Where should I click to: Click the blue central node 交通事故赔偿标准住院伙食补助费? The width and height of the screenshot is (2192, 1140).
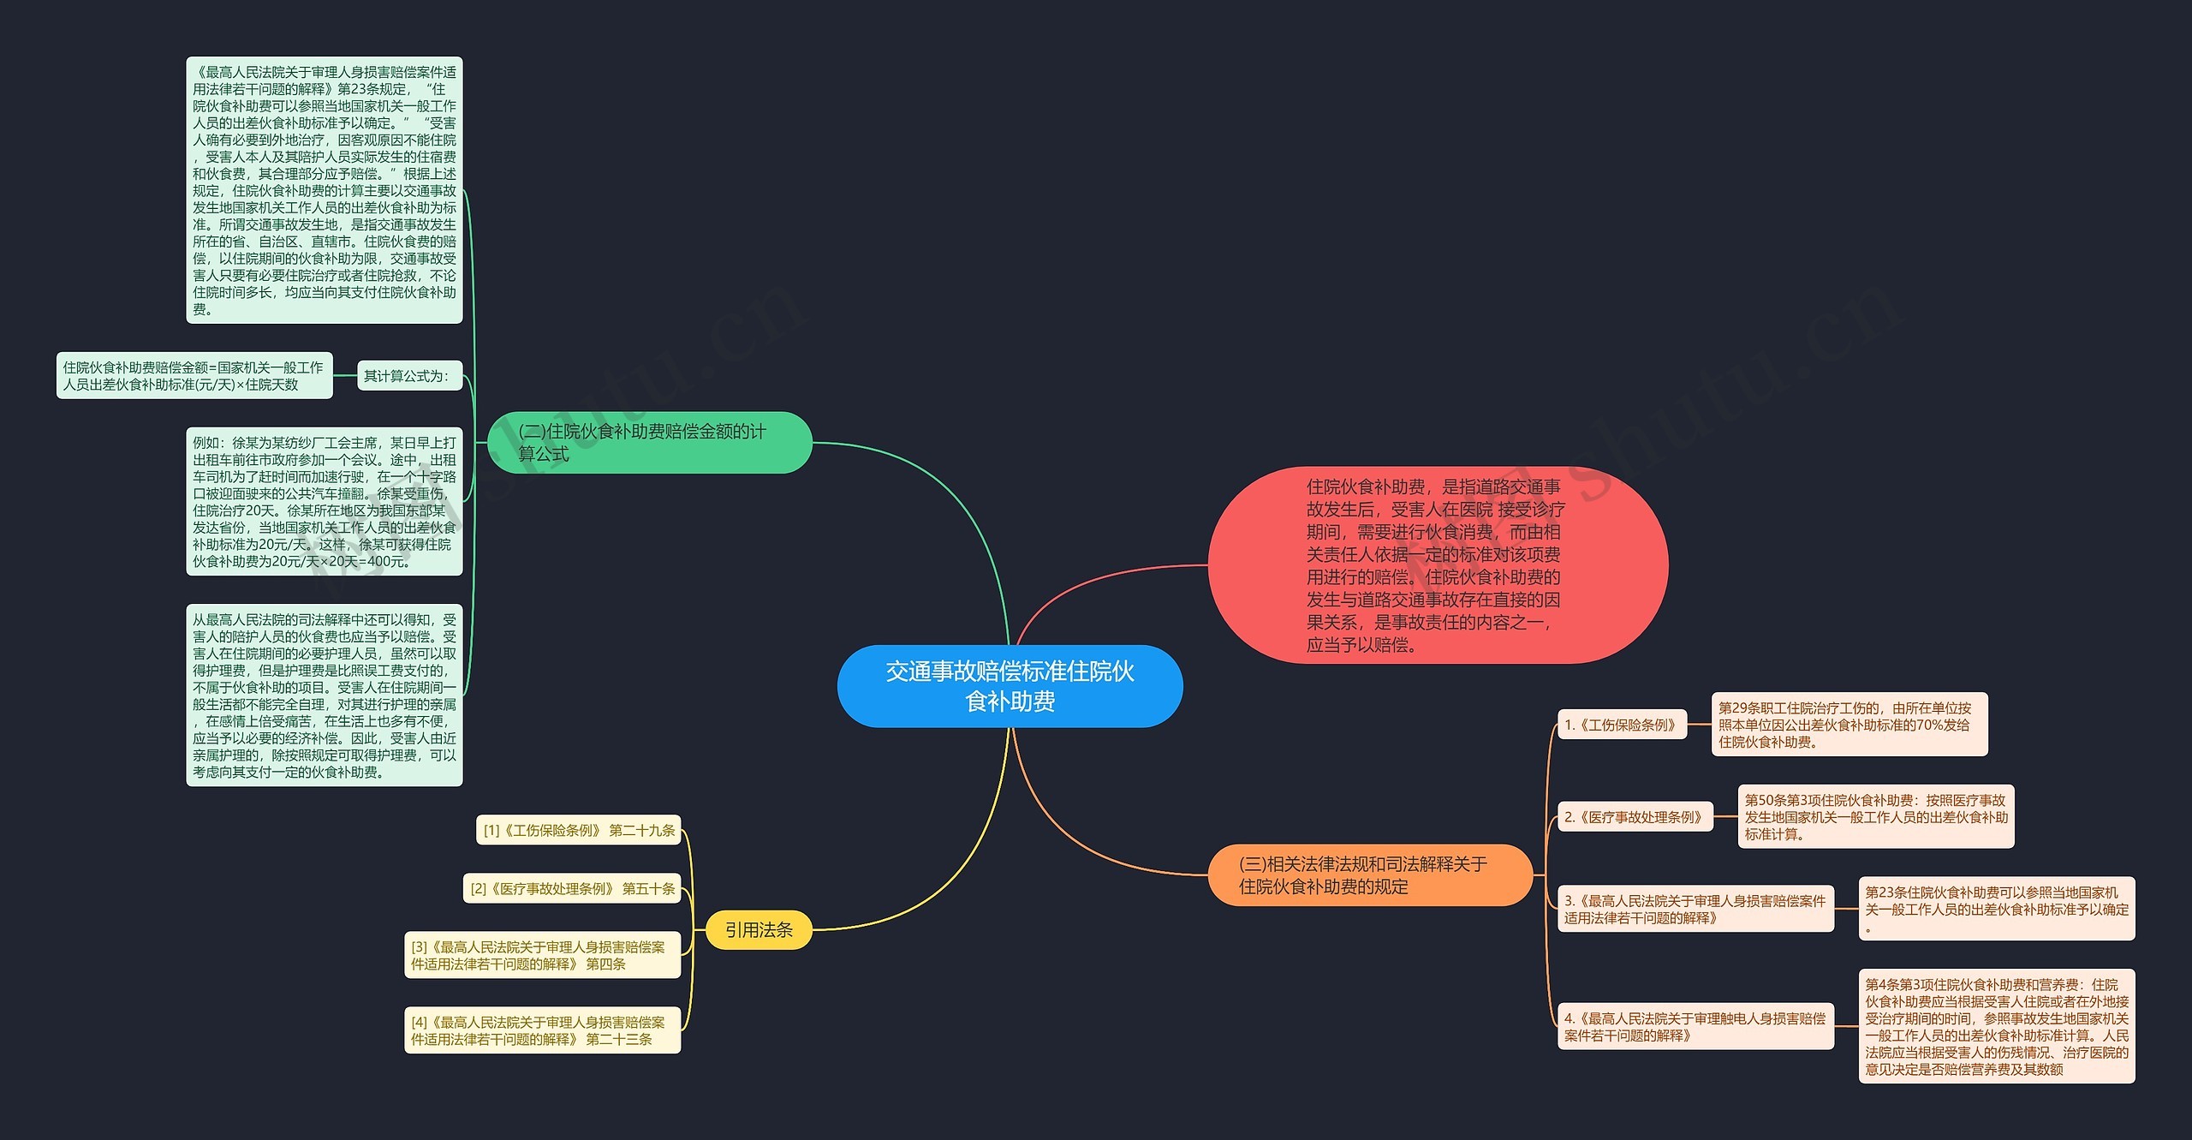coord(1010,686)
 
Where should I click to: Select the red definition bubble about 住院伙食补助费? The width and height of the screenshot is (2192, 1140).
coord(1437,565)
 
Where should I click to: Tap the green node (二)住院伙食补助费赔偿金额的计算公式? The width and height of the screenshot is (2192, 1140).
coord(649,443)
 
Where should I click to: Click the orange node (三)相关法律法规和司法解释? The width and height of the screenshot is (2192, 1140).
coord(1369,874)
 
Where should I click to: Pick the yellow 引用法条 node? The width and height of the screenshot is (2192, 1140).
coord(759,929)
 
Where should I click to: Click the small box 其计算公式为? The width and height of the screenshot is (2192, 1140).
coord(408,376)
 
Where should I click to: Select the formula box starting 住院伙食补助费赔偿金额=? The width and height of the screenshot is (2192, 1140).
coord(194,376)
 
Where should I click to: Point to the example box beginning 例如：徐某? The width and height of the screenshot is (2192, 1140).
coord(324,502)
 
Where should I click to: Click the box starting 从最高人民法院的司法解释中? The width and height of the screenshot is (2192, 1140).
coord(324,695)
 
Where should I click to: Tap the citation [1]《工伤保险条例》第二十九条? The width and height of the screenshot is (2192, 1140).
coord(579,830)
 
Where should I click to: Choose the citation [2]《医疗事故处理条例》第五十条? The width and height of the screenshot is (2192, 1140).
coord(572,889)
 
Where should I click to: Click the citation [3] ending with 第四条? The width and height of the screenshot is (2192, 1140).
coord(542,955)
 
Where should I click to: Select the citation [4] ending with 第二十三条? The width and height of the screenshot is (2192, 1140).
coord(542,1030)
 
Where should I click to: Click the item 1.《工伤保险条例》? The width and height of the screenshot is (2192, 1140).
coord(1622,725)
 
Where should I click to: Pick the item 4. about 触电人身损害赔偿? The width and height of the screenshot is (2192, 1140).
coord(1695,1026)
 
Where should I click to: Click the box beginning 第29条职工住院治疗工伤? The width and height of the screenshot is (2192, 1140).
coord(1849,725)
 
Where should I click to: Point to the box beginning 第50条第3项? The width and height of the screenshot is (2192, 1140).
coord(1875,817)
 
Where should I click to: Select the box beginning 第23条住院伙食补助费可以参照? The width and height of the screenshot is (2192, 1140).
coord(1996,909)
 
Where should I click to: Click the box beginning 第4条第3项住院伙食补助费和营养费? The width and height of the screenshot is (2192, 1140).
coord(1996,1026)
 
